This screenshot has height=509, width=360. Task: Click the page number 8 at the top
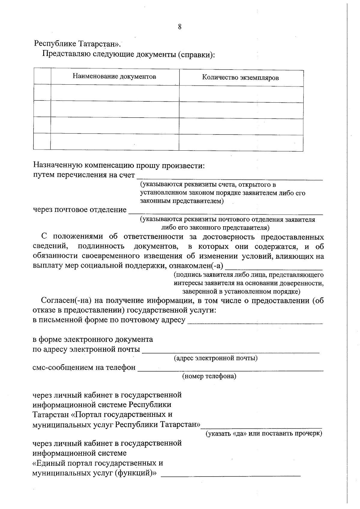pos(180,27)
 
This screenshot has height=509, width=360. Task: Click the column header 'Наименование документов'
pos(114,77)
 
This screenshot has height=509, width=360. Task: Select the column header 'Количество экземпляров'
pos(240,78)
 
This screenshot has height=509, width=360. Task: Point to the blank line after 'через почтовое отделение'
pos(226,212)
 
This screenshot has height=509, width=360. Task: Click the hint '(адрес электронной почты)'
pos(216,358)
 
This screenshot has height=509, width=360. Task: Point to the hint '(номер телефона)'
pos(209,376)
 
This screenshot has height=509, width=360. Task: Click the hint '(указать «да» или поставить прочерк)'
pos(263,434)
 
